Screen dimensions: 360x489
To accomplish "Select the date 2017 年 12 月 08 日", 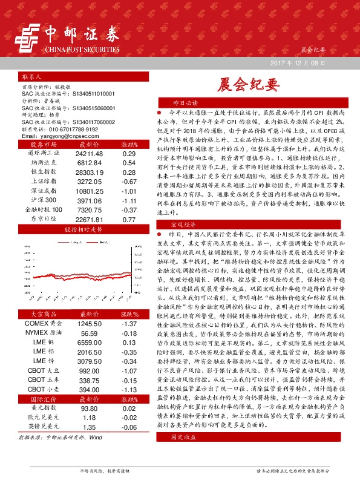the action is click(300, 63).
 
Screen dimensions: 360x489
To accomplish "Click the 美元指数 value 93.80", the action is click(90, 408).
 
